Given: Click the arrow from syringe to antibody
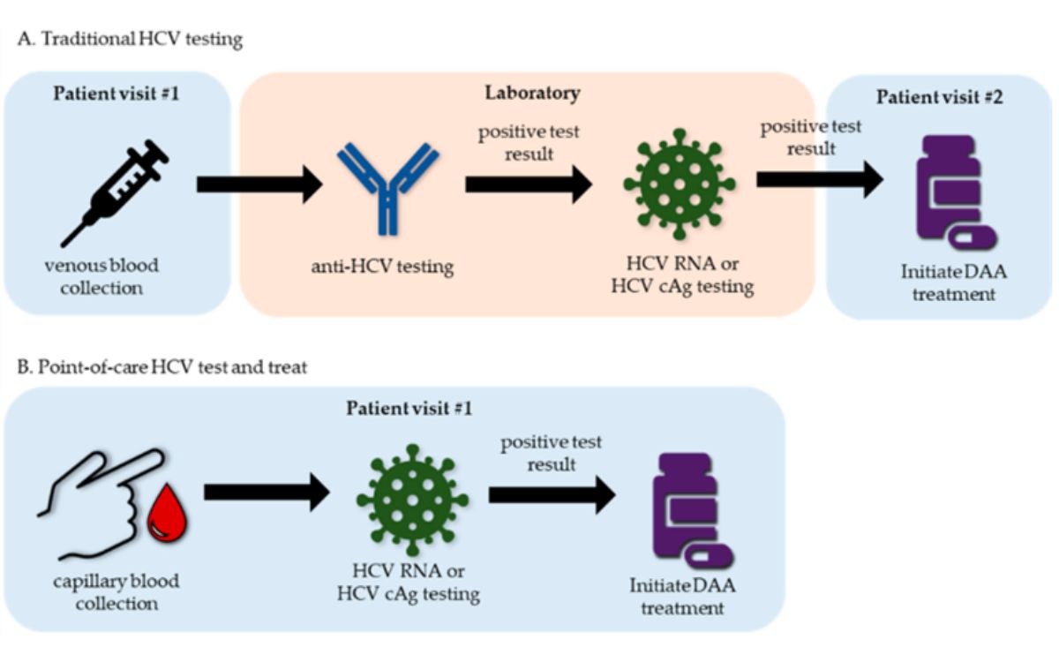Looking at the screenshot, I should pos(259,184).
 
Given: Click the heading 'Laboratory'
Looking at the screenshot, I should pos(532,93).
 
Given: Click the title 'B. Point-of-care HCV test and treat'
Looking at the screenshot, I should pos(162,367).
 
